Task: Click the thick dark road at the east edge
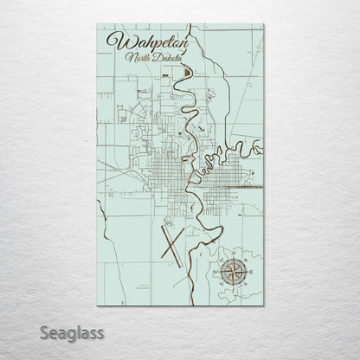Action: [x=257, y=185]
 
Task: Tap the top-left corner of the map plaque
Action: [x=98, y=24]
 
